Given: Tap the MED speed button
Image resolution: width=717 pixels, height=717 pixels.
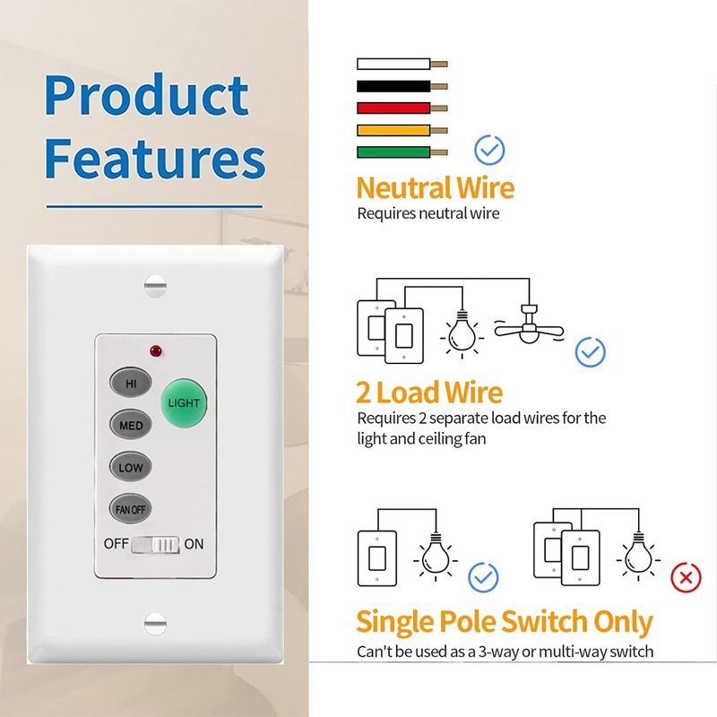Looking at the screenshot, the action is coord(131,425).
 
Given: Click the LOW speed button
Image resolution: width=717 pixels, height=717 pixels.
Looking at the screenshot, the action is coord(131,467).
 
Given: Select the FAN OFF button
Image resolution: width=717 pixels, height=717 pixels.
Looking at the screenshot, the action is coord(131,508).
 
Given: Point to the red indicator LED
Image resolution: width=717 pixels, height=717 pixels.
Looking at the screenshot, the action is coord(155,351).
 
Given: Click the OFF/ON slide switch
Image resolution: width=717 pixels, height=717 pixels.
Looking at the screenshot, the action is coord(155,545).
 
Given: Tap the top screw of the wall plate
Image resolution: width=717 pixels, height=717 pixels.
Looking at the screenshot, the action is coord(155,286).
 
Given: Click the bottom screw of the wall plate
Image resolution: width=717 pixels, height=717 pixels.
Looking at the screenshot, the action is coord(155,624).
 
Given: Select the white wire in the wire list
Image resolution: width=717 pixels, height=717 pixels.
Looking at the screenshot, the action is coord(402,64).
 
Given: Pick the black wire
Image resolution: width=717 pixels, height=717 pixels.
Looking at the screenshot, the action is coord(402,86).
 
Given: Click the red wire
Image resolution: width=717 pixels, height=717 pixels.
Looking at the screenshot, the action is coord(402,108).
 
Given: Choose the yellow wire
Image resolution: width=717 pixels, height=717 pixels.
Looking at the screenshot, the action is coord(402,130).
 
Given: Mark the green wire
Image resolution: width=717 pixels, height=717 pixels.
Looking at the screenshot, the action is coord(402,152).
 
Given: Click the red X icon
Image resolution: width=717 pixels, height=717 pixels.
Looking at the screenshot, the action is coord(686,578).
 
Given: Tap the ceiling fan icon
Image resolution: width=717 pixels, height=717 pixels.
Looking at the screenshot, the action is coord(529,325).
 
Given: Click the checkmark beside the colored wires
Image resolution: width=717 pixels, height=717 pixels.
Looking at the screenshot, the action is coord(489,150).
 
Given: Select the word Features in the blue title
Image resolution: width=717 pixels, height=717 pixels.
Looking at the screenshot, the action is coord(155,159).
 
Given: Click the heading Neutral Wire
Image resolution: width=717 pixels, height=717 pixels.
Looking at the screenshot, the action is coord(436,187).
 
